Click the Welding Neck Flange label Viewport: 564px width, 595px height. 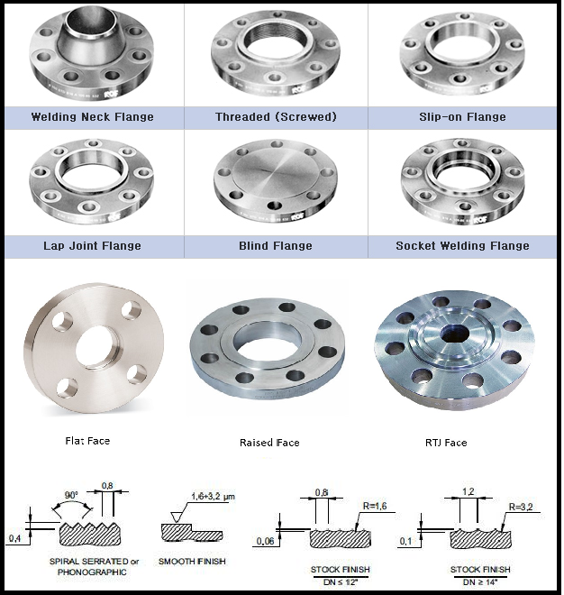pos(92,117)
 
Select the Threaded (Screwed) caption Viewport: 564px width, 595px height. pos(276,117)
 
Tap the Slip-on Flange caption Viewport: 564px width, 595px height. pos(462,117)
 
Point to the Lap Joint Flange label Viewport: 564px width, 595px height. pos(92,246)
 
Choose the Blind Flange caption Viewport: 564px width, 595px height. pos(276,246)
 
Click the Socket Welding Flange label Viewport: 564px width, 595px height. pos(462,246)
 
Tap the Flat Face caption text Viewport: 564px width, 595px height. pos(87,441)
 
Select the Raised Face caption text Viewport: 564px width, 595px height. pos(269,443)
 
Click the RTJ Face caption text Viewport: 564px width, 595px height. pos(444,443)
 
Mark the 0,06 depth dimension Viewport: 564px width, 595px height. pos(265,541)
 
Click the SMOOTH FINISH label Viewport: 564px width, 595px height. pos(191,562)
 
